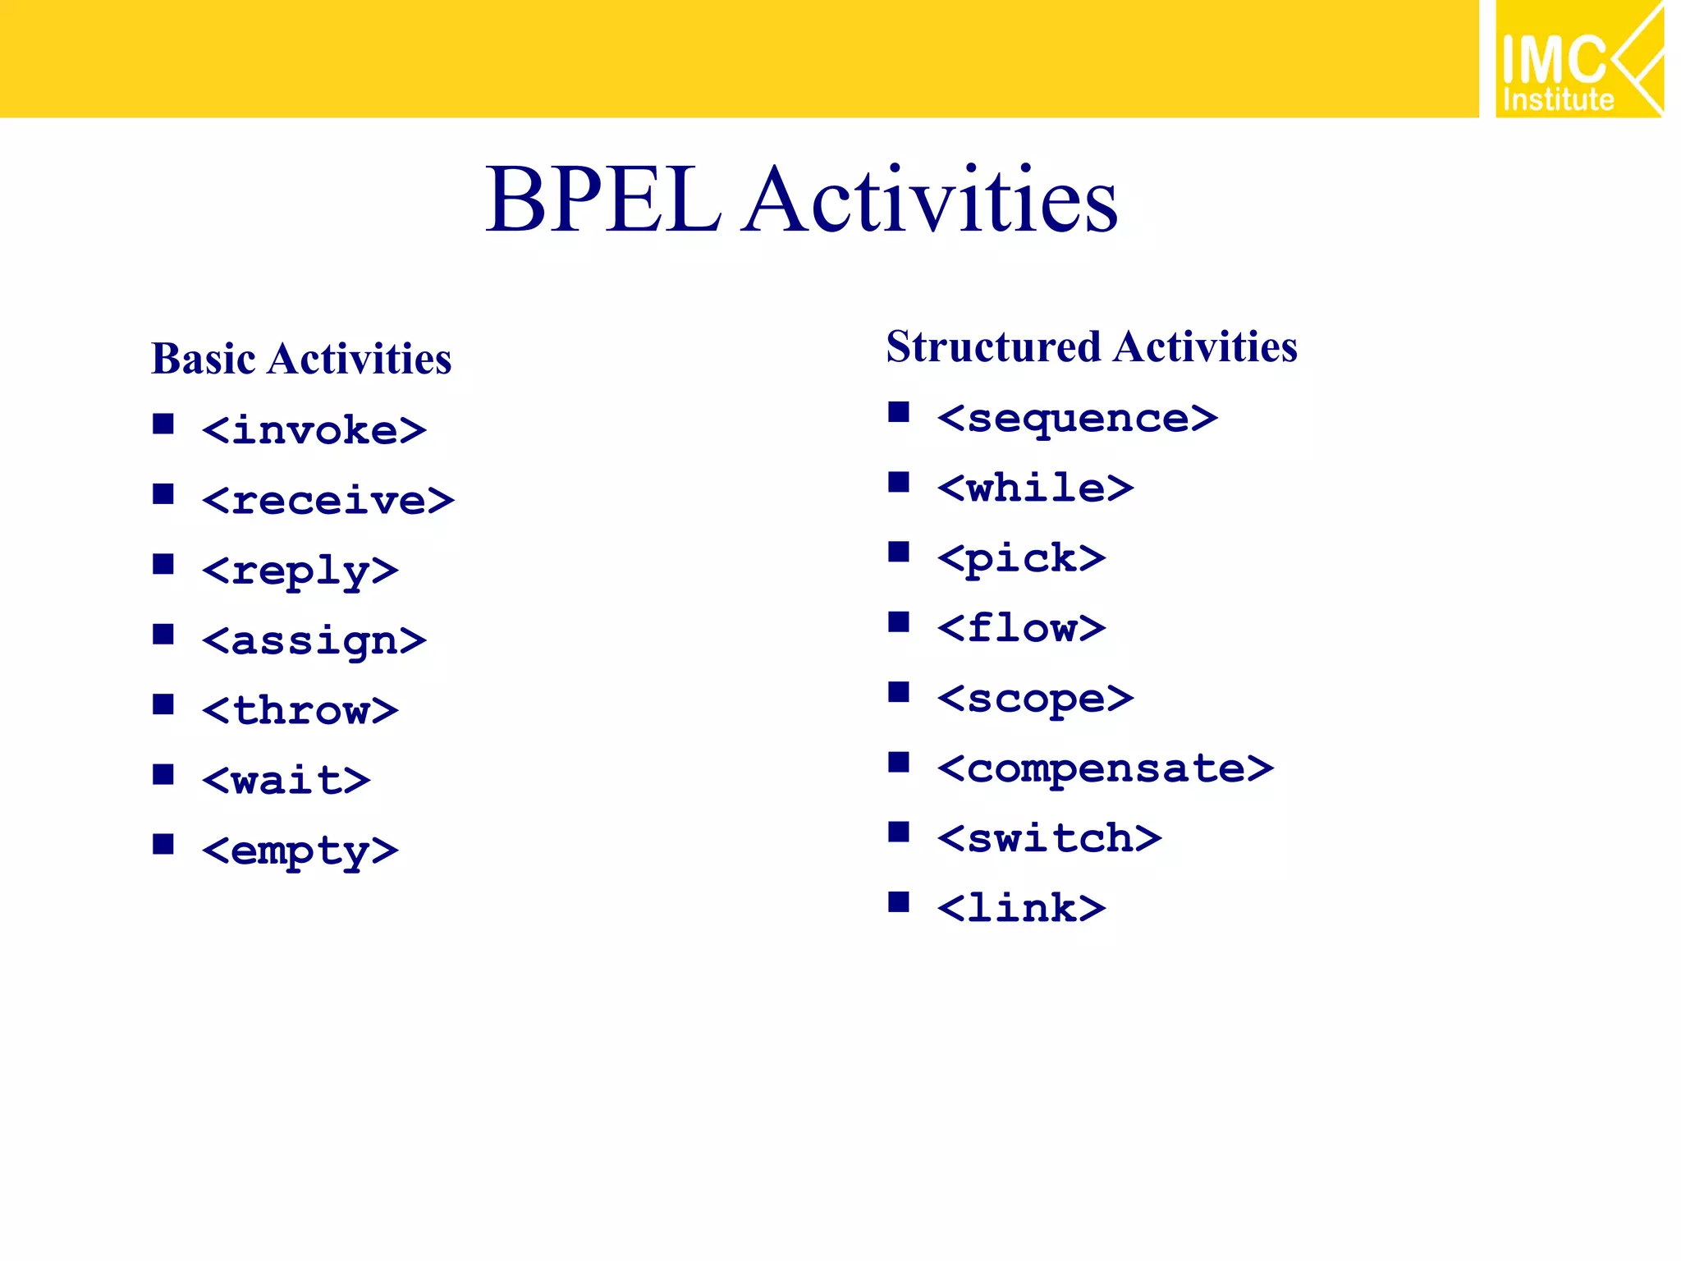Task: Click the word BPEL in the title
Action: pos(603,199)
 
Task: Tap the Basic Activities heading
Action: pos(301,360)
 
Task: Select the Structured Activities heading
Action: pos(1092,346)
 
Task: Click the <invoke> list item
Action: pos(314,430)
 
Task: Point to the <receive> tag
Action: pos(328,500)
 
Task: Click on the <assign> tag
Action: pos(314,640)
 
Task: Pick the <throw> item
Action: pos(300,710)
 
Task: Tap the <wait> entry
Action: pos(286,780)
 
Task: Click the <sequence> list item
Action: pos(1078,419)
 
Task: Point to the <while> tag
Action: pos(1036,488)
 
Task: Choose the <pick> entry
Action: pos(1022,559)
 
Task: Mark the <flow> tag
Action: pos(1022,629)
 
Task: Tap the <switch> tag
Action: pos(1050,838)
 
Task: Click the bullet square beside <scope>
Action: pos(899,692)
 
